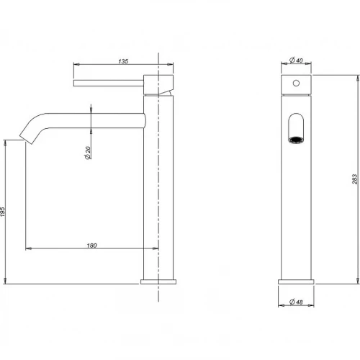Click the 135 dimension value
coord(123,61)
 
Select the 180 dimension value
coord(91,246)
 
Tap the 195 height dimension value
coord(2,212)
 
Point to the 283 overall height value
coord(355,179)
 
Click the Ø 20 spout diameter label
coord(88,153)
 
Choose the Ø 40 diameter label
coord(296,60)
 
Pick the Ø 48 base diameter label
coord(296,302)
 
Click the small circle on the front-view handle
coord(296,83)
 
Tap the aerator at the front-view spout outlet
coord(296,140)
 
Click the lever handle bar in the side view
coord(109,83)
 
